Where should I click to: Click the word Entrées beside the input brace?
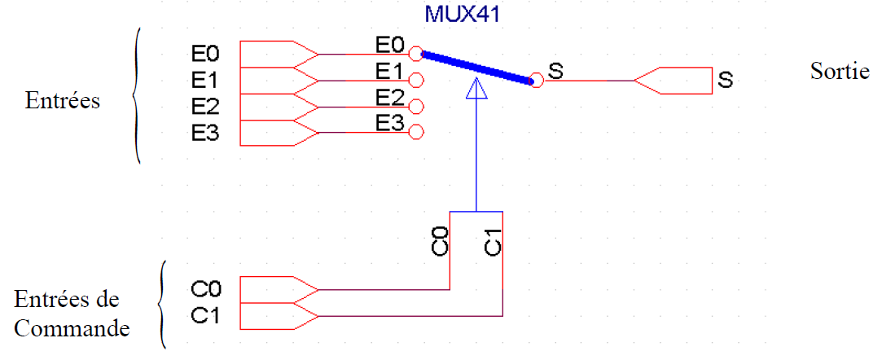click(x=63, y=101)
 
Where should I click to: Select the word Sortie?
click(x=839, y=71)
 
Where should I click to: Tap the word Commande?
click(x=72, y=329)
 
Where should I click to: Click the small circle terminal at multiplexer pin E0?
click(x=415, y=54)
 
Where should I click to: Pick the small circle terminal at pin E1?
click(x=415, y=80)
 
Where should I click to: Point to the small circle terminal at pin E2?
click(x=415, y=106)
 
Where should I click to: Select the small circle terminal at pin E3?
click(x=415, y=132)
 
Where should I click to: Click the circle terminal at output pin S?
click(x=536, y=80)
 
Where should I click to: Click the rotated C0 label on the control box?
click(x=439, y=243)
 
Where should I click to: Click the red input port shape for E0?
click(x=277, y=54)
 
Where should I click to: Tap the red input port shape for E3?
click(x=277, y=132)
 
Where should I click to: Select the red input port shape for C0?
click(x=277, y=289)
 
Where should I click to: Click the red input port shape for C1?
click(x=277, y=315)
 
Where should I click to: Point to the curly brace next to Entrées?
click(x=137, y=96)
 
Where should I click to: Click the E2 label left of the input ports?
click(x=205, y=107)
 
